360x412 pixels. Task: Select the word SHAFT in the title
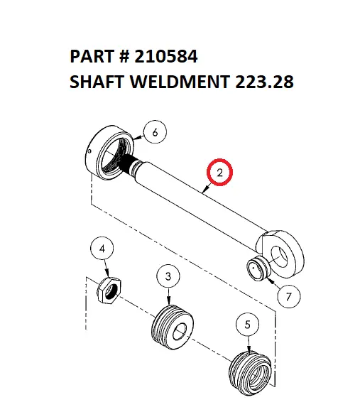[x=97, y=82]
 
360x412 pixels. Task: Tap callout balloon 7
[x=288, y=298]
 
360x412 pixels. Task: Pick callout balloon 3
[x=168, y=276]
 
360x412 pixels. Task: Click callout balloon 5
[x=247, y=325]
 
